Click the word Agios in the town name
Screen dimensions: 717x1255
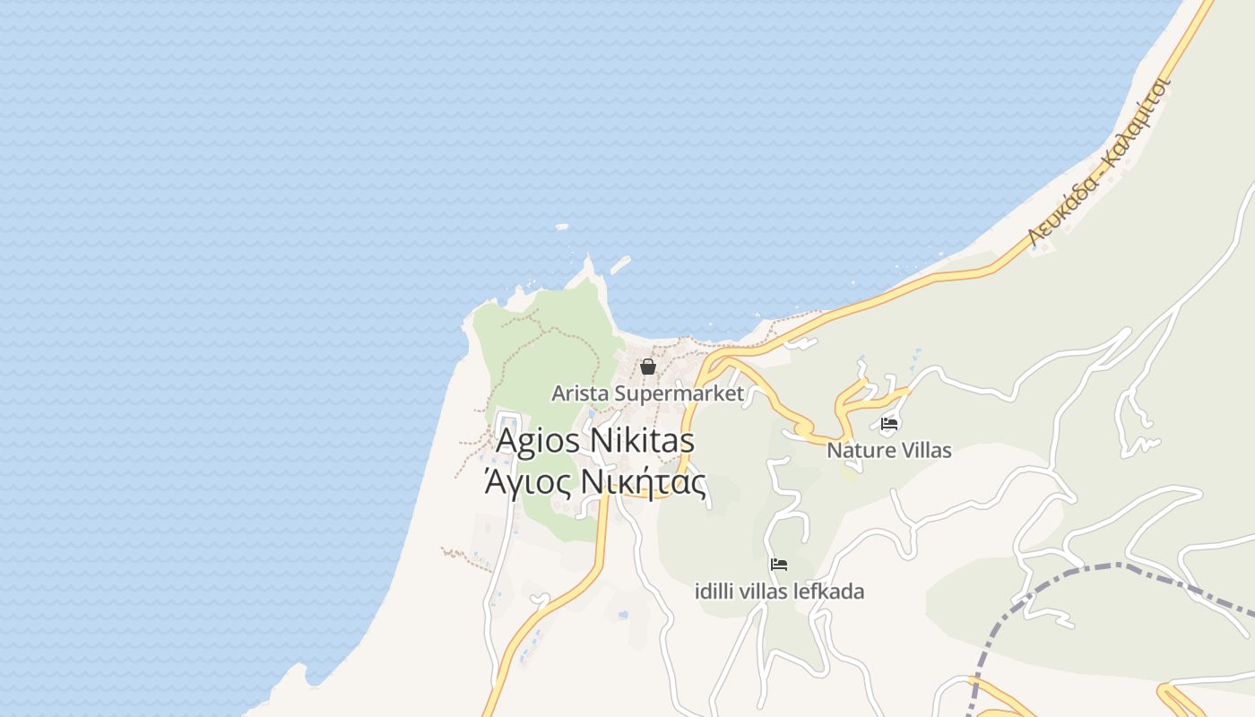pyautogui.click(x=536, y=442)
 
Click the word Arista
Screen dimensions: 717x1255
pyautogui.click(x=580, y=393)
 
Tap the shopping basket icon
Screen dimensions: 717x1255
pyautogui.click(x=648, y=367)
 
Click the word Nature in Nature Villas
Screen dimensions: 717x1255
pyautogui.click(x=858, y=450)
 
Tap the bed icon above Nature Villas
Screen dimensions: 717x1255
pyautogui.click(x=889, y=424)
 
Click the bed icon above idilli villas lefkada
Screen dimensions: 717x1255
pyautogui.click(x=779, y=565)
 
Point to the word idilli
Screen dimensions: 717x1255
pyautogui.click(x=715, y=592)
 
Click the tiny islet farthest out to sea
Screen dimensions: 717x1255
pyautogui.click(x=562, y=227)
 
